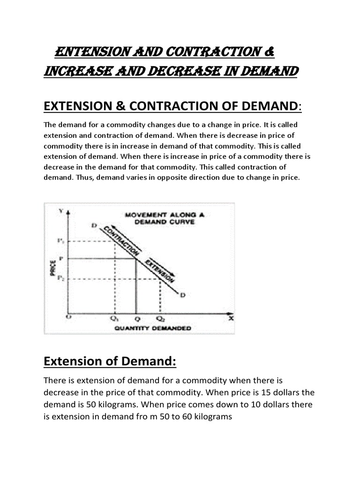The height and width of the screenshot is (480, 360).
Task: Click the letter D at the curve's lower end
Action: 183,294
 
